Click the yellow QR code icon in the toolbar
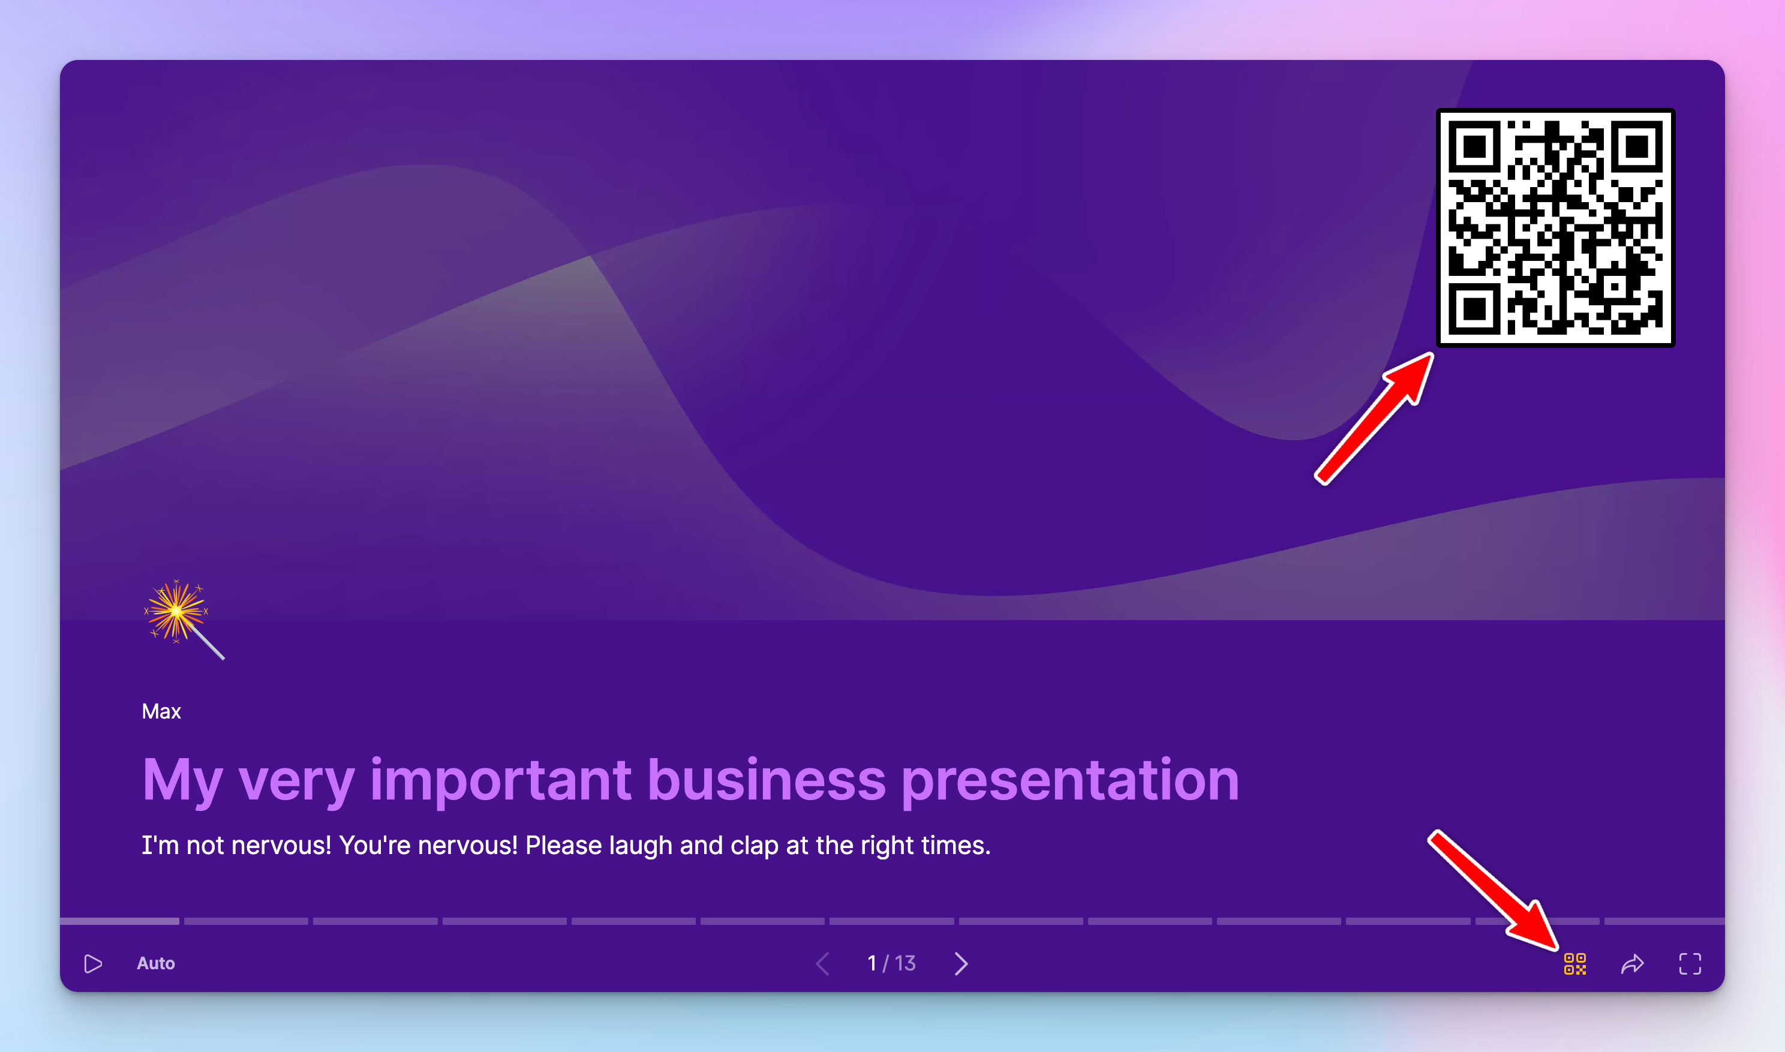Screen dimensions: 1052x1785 point(1574,963)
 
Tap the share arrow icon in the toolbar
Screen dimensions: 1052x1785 point(1632,963)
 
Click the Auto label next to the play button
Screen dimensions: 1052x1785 point(156,963)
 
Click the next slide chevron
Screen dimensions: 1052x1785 point(961,963)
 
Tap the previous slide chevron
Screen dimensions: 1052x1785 point(823,963)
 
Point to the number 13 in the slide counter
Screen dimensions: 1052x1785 point(905,963)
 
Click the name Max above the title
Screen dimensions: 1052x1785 point(161,712)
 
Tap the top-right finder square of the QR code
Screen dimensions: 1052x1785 point(1636,147)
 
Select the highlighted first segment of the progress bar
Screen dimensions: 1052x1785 point(120,921)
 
